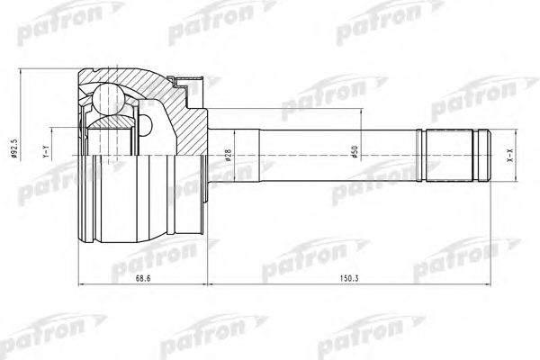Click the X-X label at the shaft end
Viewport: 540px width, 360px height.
point(509,155)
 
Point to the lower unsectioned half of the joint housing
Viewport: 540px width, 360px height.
point(135,207)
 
